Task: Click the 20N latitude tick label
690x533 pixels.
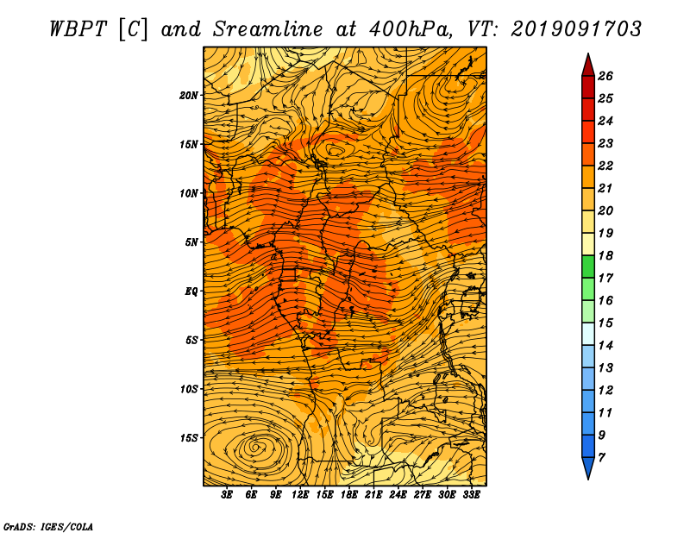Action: pos(188,95)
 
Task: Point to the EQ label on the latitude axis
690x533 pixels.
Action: pos(191,291)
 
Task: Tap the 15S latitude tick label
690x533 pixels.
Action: pos(189,438)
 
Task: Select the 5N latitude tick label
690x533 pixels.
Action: pos(191,242)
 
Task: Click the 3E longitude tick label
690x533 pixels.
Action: pos(227,495)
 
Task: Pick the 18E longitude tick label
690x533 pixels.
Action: pos(349,495)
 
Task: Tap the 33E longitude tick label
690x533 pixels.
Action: pos(471,495)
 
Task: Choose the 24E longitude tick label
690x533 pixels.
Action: pos(398,495)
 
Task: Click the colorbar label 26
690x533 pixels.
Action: pos(605,76)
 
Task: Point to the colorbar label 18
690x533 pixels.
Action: pos(605,255)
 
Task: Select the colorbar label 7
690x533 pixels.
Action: pos(602,457)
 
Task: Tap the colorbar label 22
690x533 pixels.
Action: pos(605,166)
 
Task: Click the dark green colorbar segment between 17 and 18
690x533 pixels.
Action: pos(588,266)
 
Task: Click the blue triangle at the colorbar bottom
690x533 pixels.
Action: pos(588,467)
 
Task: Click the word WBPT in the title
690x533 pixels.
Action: pos(78,29)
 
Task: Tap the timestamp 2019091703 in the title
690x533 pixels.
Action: pos(576,29)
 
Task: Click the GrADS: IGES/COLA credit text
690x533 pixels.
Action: pos(48,527)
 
